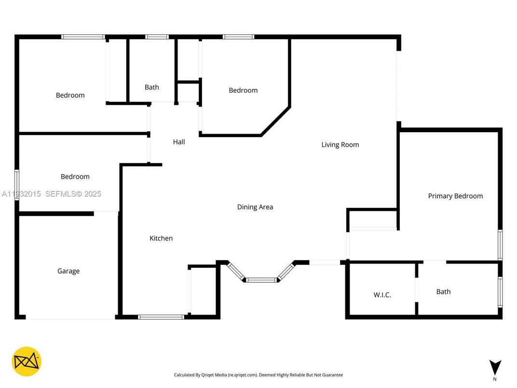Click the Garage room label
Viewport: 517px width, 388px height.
pyautogui.click(x=68, y=271)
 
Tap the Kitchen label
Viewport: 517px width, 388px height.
pyautogui.click(x=161, y=238)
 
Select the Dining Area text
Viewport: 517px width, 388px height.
pyautogui.click(x=255, y=207)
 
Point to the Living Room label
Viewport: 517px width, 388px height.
pyautogui.click(x=340, y=145)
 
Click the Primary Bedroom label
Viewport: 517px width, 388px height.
pyautogui.click(x=455, y=196)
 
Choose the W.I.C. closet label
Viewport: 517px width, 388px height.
pyautogui.click(x=382, y=295)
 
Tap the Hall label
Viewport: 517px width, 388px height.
pyautogui.click(x=179, y=142)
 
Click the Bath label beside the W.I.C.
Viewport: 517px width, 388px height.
pyautogui.click(x=443, y=291)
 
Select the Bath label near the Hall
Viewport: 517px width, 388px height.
pyautogui.click(x=152, y=87)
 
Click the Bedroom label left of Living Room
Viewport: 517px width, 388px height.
pyautogui.click(x=243, y=90)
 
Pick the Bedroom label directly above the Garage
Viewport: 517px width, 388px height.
pyautogui.click(x=75, y=177)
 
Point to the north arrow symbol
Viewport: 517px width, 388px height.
pyautogui.click(x=495, y=367)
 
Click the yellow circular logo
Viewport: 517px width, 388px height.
pyautogui.click(x=27, y=361)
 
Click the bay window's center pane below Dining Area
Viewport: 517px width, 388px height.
pyautogui.click(x=261, y=279)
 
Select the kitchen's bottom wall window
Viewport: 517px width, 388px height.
pyautogui.click(x=161, y=317)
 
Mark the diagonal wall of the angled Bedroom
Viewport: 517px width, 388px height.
pyautogui.click(x=275, y=121)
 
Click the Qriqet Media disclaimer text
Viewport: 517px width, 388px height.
pyautogui.click(x=258, y=375)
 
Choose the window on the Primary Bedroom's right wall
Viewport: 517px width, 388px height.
pyautogui.click(x=500, y=245)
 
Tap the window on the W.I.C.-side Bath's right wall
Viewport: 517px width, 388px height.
pyautogui.click(x=500, y=292)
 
